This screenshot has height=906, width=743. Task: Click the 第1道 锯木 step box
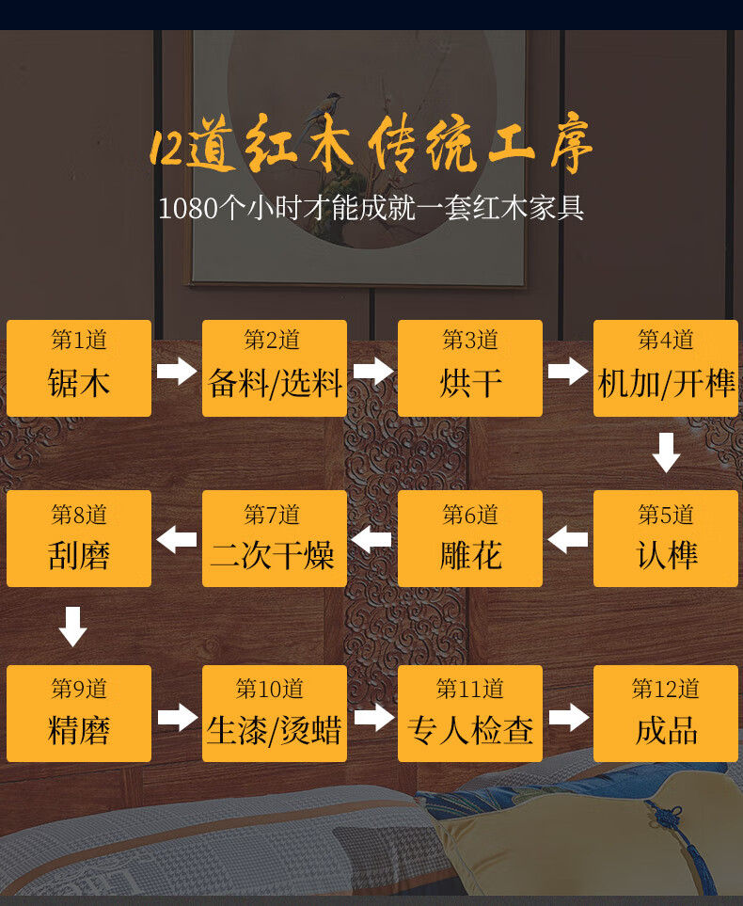79,368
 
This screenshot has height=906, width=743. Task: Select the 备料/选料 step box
275,368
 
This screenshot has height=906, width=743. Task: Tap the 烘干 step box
470,368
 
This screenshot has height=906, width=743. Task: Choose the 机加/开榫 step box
666,368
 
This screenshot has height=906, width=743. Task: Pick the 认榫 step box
666,538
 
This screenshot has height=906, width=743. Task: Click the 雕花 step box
470,538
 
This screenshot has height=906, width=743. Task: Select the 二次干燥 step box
275,538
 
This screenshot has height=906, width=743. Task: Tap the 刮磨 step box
79,538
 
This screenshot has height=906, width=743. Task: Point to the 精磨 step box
79,713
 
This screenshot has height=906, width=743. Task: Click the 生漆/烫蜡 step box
275,713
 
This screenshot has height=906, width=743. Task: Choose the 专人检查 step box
470,713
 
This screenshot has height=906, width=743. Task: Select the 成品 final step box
666,713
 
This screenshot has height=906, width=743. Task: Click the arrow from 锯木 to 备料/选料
177,370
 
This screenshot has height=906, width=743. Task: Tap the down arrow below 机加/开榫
666,453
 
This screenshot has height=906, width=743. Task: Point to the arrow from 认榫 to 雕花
568,540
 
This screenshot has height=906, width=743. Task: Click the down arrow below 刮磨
72,627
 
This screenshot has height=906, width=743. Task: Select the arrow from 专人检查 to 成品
568,717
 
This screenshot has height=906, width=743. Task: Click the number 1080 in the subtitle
188,208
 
